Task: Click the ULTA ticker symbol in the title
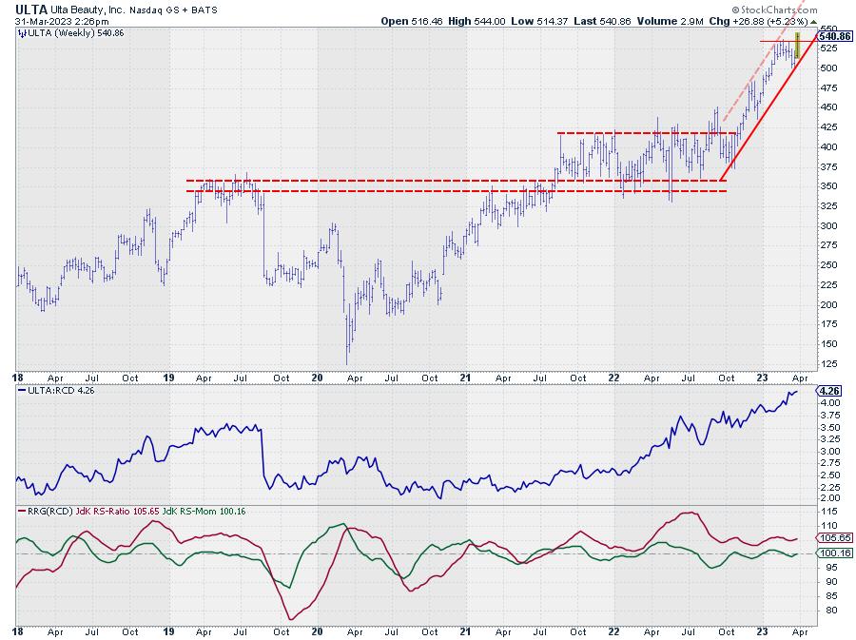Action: click(x=30, y=9)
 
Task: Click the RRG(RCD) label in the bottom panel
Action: click(x=44, y=511)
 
